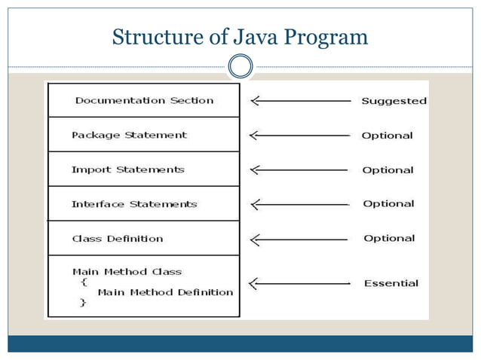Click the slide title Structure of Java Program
(x=240, y=35)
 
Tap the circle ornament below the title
(x=240, y=67)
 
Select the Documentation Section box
(x=144, y=100)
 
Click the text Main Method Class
(x=127, y=271)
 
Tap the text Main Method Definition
(x=165, y=292)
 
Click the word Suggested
(x=394, y=101)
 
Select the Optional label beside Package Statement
(x=387, y=136)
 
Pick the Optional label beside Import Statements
(x=388, y=170)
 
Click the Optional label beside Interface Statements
(x=388, y=204)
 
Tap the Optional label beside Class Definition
(x=389, y=239)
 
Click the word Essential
(x=391, y=283)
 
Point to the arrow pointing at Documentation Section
(x=300, y=100)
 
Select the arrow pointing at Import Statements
(x=300, y=170)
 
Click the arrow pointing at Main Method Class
(x=300, y=284)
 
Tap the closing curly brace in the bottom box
(x=83, y=303)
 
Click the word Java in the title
(x=250, y=35)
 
